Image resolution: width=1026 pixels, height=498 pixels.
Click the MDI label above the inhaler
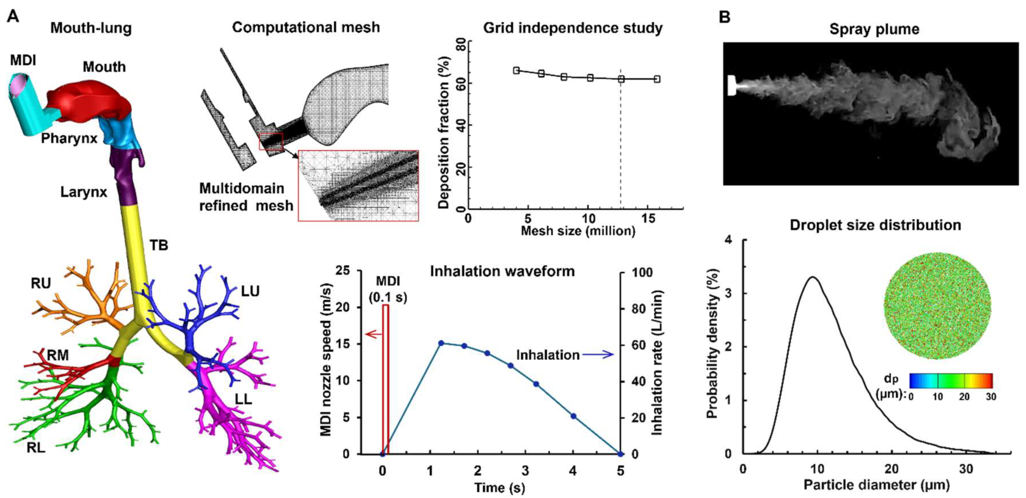[23, 60]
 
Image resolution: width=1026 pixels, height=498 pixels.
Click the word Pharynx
[69, 138]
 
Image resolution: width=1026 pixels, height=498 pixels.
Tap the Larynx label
[84, 192]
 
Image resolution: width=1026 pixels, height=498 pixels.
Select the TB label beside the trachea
[159, 245]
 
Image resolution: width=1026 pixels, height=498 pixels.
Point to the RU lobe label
[41, 283]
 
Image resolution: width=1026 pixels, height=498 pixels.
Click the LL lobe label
[243, 399]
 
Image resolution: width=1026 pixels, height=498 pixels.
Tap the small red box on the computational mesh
[271, 141]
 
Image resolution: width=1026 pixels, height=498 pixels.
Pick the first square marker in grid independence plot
[516, 71]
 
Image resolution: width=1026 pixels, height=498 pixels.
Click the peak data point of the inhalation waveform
[441, 343]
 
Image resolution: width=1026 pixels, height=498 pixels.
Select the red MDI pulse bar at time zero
[385, 379]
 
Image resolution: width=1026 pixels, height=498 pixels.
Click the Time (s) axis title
[499, 487]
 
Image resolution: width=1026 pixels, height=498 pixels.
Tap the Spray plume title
[874, 29]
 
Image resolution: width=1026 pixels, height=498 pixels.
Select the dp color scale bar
[951, 381]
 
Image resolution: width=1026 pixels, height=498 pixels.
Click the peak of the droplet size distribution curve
[812, 277]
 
